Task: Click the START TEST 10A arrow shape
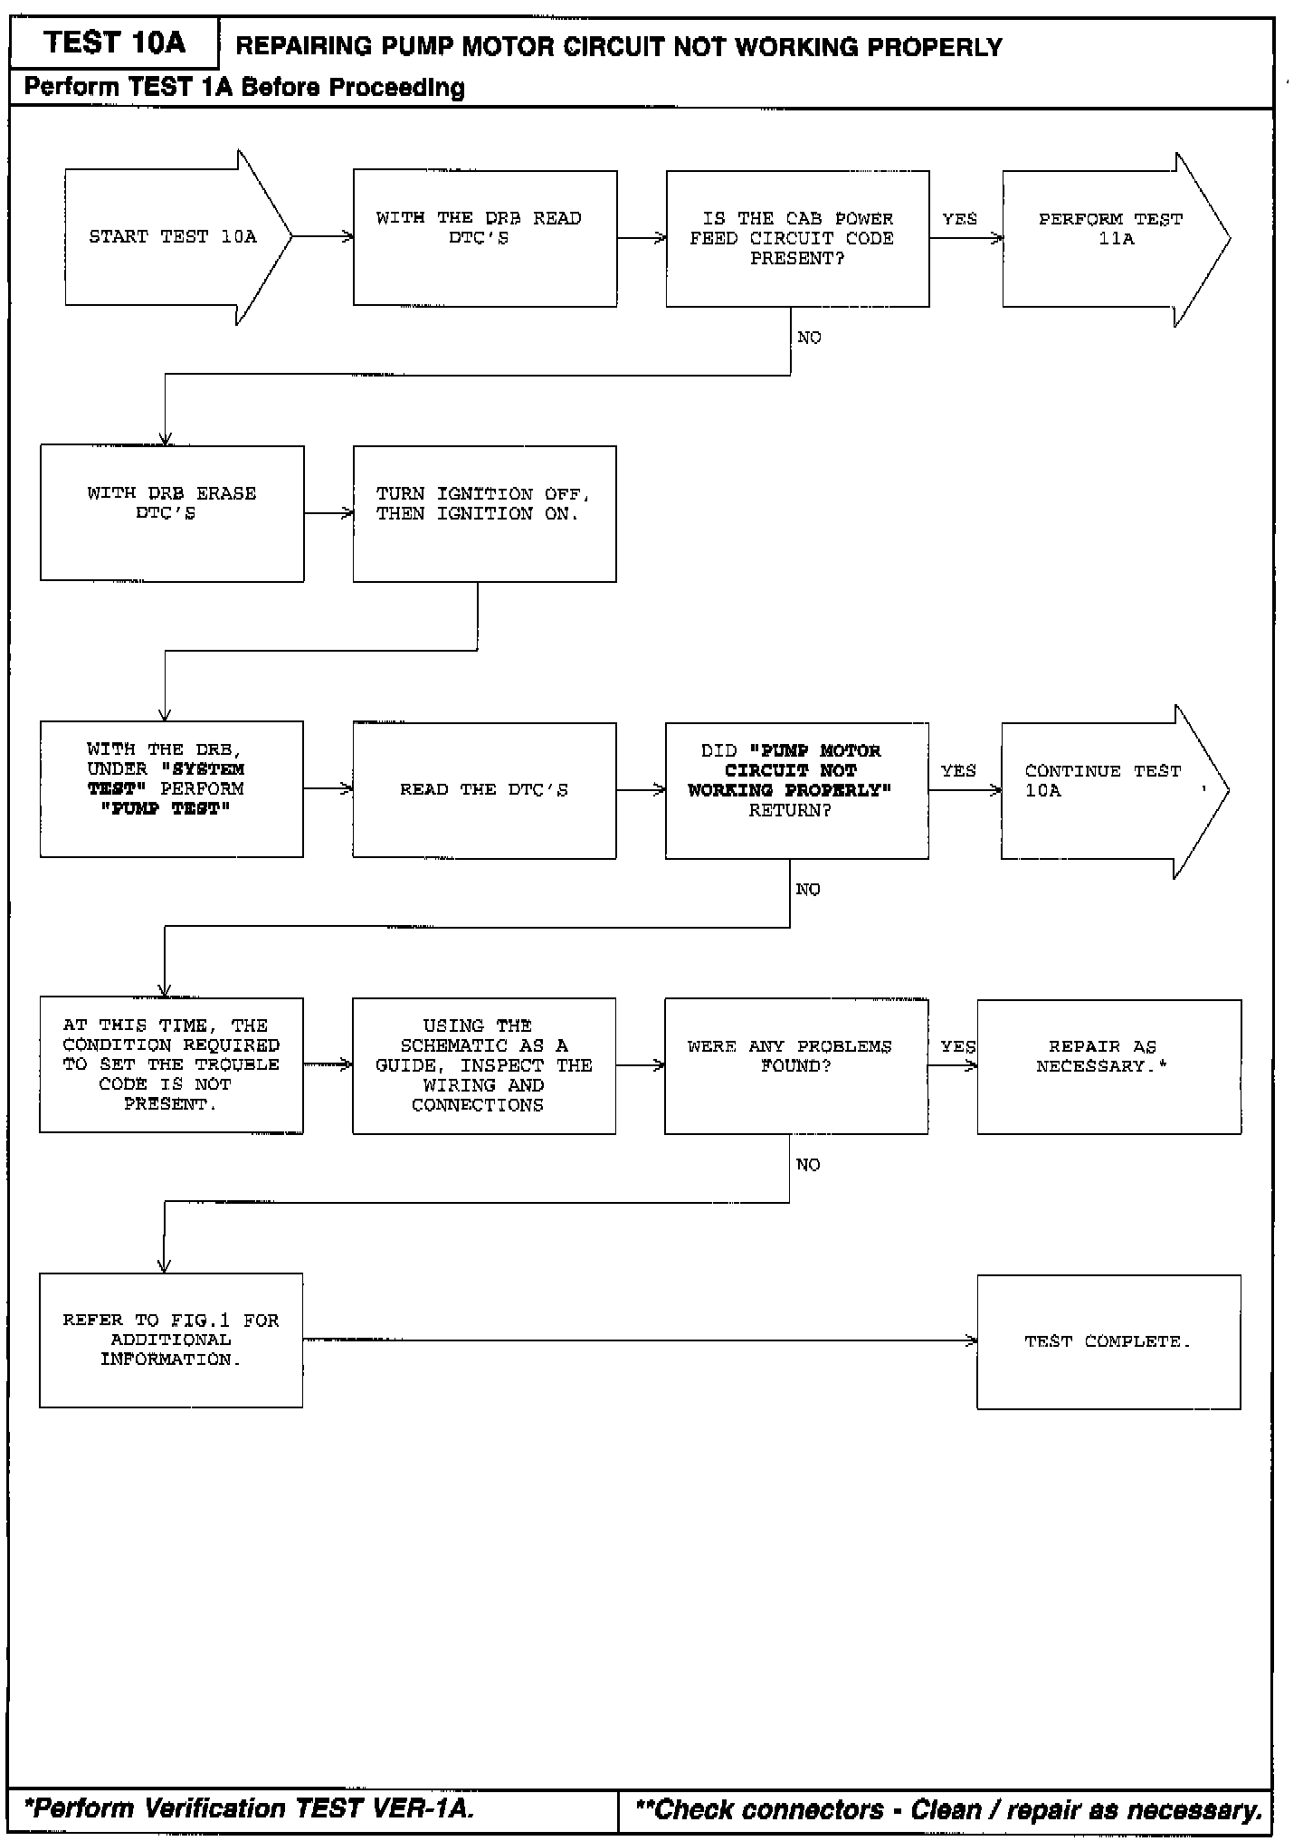pos(172,237)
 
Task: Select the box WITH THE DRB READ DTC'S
pos(485,238)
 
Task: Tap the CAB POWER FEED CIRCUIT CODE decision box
pos(797,239)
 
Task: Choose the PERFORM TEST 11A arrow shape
pos(1110,239)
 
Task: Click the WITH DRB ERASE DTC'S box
pos(172,513)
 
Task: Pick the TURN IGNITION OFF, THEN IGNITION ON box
pos(484,513)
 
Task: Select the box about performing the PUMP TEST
pos(171,788)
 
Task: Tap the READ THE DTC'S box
pos(484,790)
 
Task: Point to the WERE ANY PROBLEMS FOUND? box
pos(796,1065)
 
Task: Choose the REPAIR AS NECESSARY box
pos(1108,1066)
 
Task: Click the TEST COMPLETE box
pos(1108,1341)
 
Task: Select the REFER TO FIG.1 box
pos(171,1340)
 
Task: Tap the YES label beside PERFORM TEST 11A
pos(959,219)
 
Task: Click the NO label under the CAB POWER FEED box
pos(809,338)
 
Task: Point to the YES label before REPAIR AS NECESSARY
pos(957,1046)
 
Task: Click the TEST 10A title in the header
pos(114,43)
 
